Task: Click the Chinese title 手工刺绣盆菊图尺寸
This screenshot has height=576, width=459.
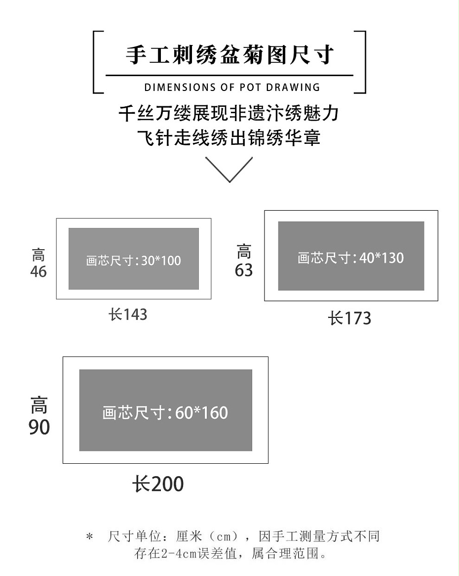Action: [229, 55]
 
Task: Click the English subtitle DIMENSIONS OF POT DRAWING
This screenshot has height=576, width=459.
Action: [232, 88]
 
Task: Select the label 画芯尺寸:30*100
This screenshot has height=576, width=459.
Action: [134, 260]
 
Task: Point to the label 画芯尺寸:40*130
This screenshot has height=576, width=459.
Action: [350, 258]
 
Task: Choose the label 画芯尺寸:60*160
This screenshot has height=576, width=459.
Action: [165, 412]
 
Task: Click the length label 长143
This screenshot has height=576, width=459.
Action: [128, 314]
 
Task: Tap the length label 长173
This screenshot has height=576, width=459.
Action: [349, 318]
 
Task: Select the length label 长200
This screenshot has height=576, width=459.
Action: [158, 484]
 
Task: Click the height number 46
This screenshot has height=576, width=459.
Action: [38, 271]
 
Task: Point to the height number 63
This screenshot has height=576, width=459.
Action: [244, 270]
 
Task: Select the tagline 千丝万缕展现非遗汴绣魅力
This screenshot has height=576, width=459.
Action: [229, 113]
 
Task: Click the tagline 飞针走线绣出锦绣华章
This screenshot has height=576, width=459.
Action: [229, 137]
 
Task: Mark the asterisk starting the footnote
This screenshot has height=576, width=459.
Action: [89, 537]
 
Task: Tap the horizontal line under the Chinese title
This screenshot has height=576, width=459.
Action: [229, 76]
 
